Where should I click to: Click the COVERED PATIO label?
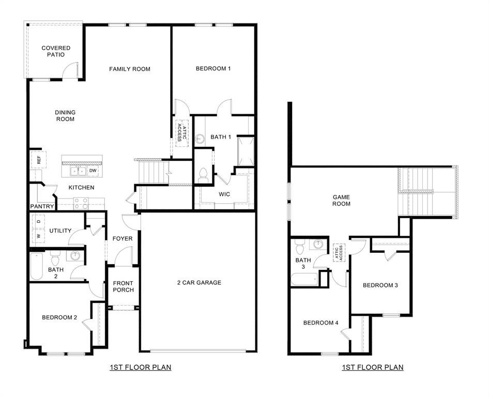[x=56, y=51]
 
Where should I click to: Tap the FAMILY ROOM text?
[x=130, y=69]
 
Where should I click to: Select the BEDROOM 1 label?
[x=213, y=68]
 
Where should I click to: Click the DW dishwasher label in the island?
[x=93, y=170]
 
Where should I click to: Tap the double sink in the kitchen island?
[x=78, y=171]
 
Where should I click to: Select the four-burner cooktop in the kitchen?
[x=81, y=203]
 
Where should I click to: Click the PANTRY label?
[x=42, y=206]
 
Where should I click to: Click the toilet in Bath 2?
[x=56, y=256]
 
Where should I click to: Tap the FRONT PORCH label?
[x=123, y=286]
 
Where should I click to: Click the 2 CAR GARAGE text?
[x=199, y=282]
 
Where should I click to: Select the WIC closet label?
[x=224, y=194]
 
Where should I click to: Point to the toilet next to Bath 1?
[x=203, y=175]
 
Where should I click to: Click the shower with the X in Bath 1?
[x=246, y=150]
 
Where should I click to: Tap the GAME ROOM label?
[x=341, y=200]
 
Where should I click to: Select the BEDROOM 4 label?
[x=320, y=323]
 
